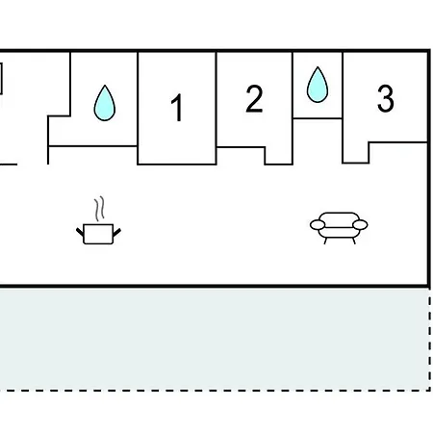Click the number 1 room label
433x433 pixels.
(x=177, y=108)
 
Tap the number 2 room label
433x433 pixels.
(x=254, y=99)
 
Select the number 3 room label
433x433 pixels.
(x=385, y=98)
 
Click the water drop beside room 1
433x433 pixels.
(x=105, y=103)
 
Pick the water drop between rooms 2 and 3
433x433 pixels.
(x=318, y=85)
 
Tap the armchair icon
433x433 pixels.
(x=339, y=228)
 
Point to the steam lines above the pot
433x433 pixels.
(x=99, y=209)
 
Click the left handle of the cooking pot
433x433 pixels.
(x=80, y=232)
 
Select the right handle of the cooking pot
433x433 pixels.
(x=116, y=233)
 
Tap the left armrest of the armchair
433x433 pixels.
(x=318, y=225)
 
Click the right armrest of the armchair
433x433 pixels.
(x=360, y=225)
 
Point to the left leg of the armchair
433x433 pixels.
(x=325, y=241)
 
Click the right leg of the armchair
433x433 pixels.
(x=354, y=241)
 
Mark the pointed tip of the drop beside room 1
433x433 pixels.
(x=105, y=86)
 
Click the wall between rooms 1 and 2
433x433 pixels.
(x=216, y=108)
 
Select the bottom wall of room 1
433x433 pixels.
(x=177, y=165)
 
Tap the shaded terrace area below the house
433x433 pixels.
(x=215, y=339)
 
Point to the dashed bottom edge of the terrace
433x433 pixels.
(x=215, y=391)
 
